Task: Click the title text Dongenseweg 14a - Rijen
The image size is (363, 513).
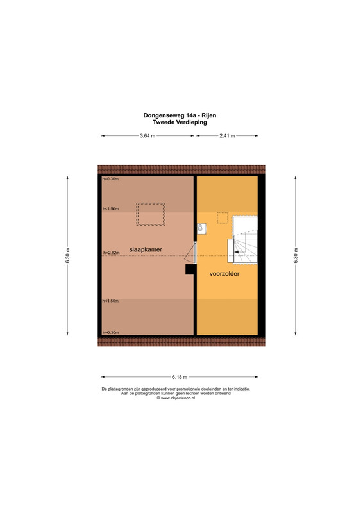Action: tap(180, 115)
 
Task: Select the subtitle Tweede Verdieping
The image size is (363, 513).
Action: tap(180, 122)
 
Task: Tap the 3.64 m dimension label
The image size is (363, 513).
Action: tap(148, 135)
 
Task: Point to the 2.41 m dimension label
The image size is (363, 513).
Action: tap(227, 135)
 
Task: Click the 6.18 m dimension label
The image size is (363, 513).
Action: tap(180, 377)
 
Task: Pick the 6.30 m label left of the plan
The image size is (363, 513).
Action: tap(67, 255)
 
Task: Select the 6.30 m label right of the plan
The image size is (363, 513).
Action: tap(296, 255)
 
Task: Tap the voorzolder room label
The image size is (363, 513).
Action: tap(224, 274)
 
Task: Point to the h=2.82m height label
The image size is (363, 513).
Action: tap(112, 253)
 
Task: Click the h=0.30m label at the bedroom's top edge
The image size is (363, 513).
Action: tap(110, 179)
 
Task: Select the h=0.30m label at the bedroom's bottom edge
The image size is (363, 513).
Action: tap(111, 332)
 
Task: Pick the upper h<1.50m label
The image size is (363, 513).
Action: tap(111, 209)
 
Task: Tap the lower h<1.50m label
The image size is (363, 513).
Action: tap(111, 301)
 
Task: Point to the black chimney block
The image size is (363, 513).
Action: tap(191, 269)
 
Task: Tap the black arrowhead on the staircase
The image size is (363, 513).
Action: tap(236, 252)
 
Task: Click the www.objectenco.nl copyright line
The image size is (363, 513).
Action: tap(176, 398)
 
